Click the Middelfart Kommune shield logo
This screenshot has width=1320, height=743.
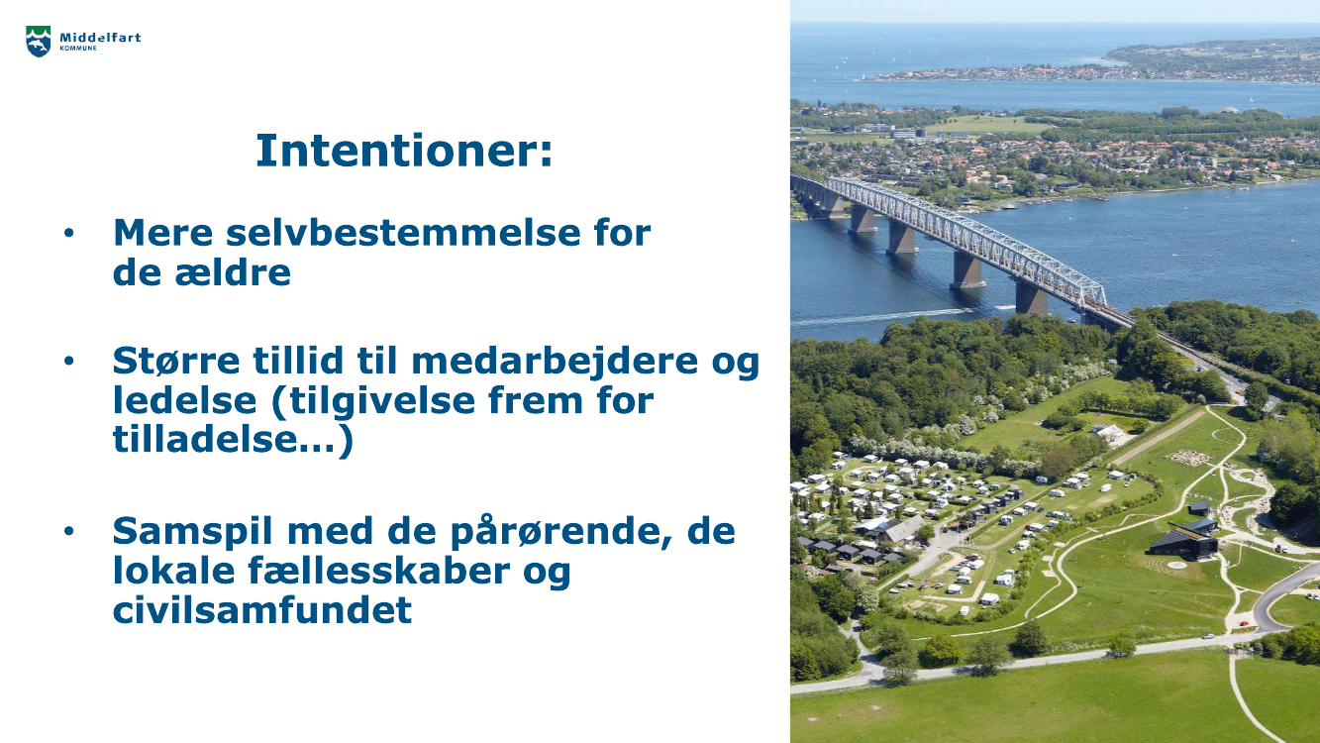pos(39,42)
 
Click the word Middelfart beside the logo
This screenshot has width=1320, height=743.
pos(100,38)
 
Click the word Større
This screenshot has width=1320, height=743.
pos(176,361)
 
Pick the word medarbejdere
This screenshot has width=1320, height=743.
pos(555,362)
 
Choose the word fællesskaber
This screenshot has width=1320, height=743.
pos(379,571)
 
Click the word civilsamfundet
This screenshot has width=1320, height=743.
pos(262,609)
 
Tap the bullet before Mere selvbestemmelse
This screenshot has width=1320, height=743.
pos(69,233)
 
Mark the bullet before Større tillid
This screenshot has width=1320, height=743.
pos(69,361)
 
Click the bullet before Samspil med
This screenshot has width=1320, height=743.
pos(69,531)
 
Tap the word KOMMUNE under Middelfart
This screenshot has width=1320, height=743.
pos(78,49)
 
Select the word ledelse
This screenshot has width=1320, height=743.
pos(184,400)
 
